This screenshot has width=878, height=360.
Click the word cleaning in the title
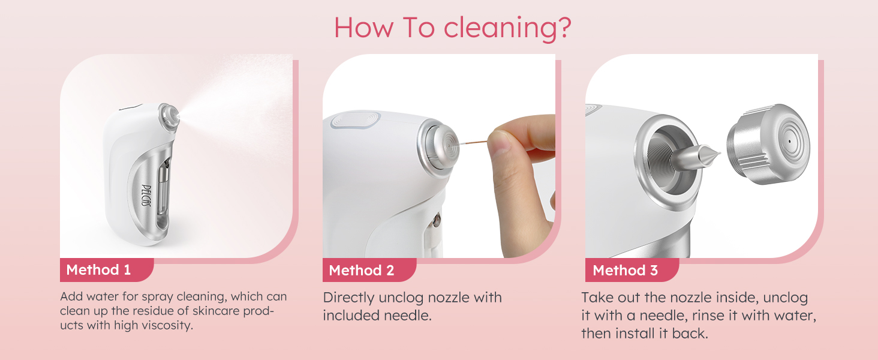tap(503, 28)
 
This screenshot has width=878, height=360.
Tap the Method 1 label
tap(98, 270)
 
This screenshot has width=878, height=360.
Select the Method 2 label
tap(362, 271)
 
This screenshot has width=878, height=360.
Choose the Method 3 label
tap(625, 271)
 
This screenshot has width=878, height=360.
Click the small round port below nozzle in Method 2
tap(438, 219)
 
